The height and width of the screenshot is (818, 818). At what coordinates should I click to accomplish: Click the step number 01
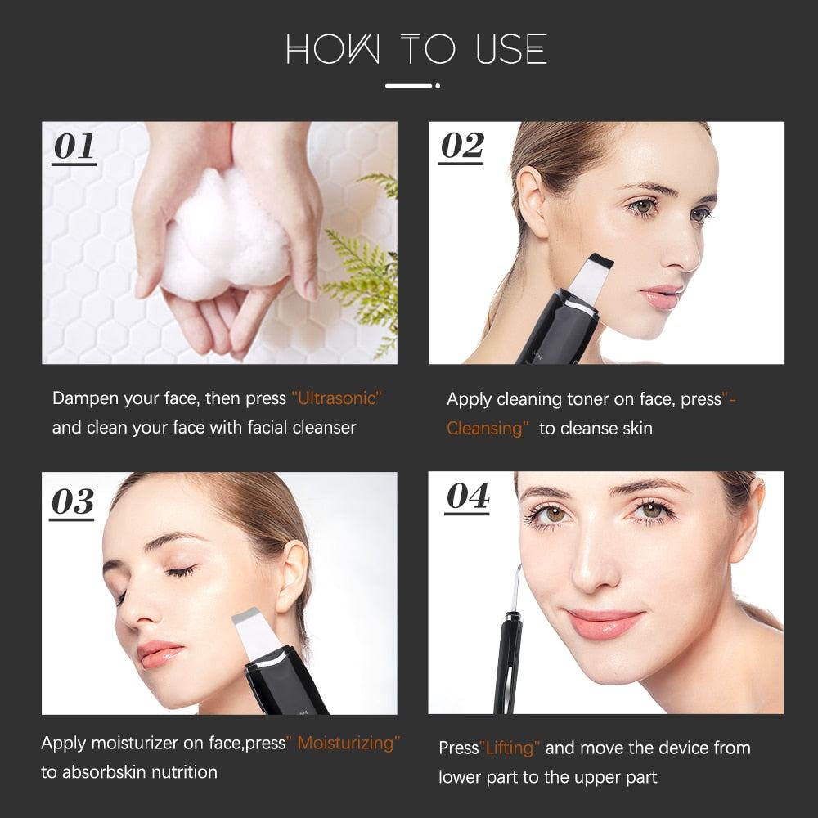coord(74,146)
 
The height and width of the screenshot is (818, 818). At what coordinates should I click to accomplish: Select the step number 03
coord(73,502)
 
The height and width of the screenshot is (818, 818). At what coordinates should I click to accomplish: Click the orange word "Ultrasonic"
coord(337,398)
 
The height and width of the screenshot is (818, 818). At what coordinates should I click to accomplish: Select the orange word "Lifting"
coord(510,748)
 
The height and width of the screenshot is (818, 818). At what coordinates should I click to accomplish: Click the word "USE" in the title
coord(511,49)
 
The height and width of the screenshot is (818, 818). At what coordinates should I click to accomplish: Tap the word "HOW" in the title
coord(333,50)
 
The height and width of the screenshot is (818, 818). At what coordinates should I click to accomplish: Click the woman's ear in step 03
coord(292,578)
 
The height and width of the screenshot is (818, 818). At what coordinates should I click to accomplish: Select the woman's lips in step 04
coord(605,623)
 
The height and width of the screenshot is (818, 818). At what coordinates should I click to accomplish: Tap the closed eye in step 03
coord(181,571)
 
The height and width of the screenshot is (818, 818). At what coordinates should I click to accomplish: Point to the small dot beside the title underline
coord(438,86)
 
